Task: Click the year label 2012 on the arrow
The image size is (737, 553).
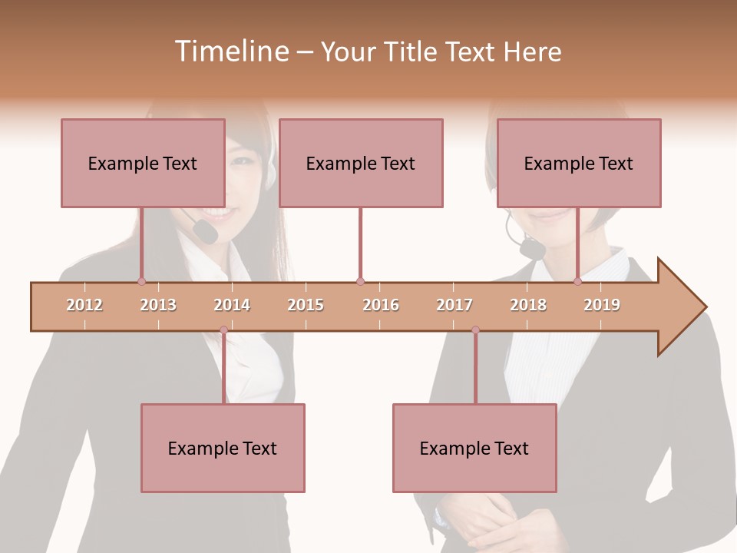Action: click(x=84, y=305)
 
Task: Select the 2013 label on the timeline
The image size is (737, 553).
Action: click(x=158, y=305)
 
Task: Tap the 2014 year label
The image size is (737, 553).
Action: click(x=232, y=305)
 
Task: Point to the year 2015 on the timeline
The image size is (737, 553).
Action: click(x=306, y=305)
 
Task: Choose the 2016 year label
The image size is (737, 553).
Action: click(x=381, y=305)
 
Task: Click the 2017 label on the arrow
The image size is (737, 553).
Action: click(x=454, y=305)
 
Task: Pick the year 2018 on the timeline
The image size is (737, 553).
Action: click(x=528, y=305)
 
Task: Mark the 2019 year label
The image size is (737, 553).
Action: click(x=602, y=305)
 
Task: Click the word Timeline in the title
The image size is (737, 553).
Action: click(x=230, y=51)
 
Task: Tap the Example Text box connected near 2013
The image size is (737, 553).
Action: click(x=143, y=163)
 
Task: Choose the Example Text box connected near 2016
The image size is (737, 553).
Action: click(x=361, y=163)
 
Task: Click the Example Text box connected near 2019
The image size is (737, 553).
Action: click(x=579, y=163)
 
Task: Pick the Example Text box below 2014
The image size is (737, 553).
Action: click(x=223, y=448)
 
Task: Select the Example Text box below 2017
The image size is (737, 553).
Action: click(x=474, y=448)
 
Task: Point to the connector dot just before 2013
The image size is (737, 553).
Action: click(x=141, y=281)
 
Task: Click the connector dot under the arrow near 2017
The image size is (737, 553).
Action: click(x=475, y=330)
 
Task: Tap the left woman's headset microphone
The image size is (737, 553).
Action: click(x=205, y=230)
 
